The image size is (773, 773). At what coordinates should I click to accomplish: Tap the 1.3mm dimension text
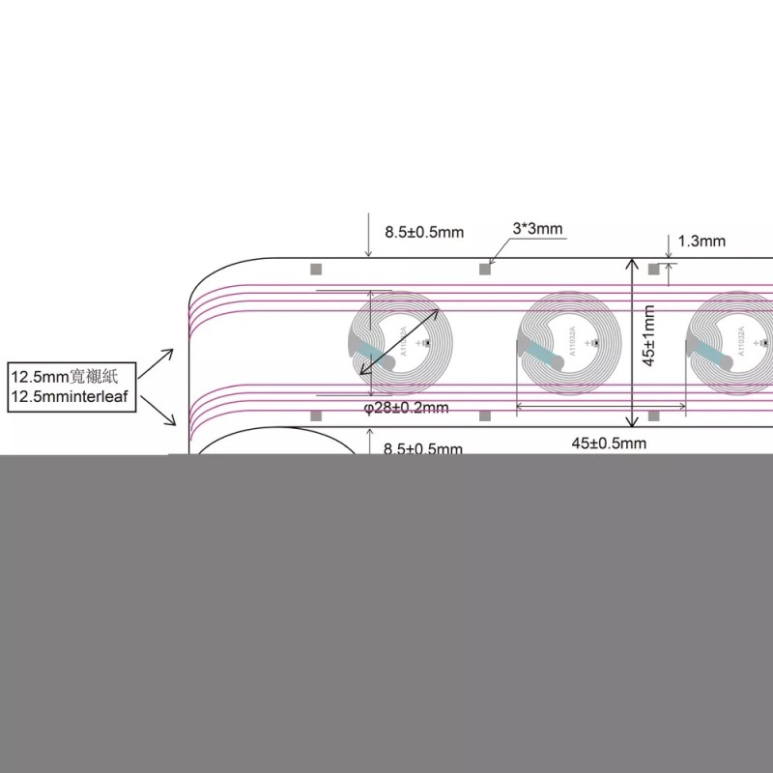tap(701, 242)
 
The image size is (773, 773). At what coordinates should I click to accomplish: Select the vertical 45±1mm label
tap(650, 335)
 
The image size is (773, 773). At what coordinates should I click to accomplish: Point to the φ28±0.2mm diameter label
tap(406, 408)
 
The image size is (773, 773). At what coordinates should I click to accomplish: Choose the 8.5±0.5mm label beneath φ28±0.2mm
tap(423, 449)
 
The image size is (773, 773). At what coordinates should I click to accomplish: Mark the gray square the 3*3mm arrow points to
tap(485, 269)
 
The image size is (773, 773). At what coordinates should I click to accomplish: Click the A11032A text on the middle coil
tap(574, 343)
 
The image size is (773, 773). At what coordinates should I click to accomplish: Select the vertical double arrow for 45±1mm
tap(633, 342)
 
